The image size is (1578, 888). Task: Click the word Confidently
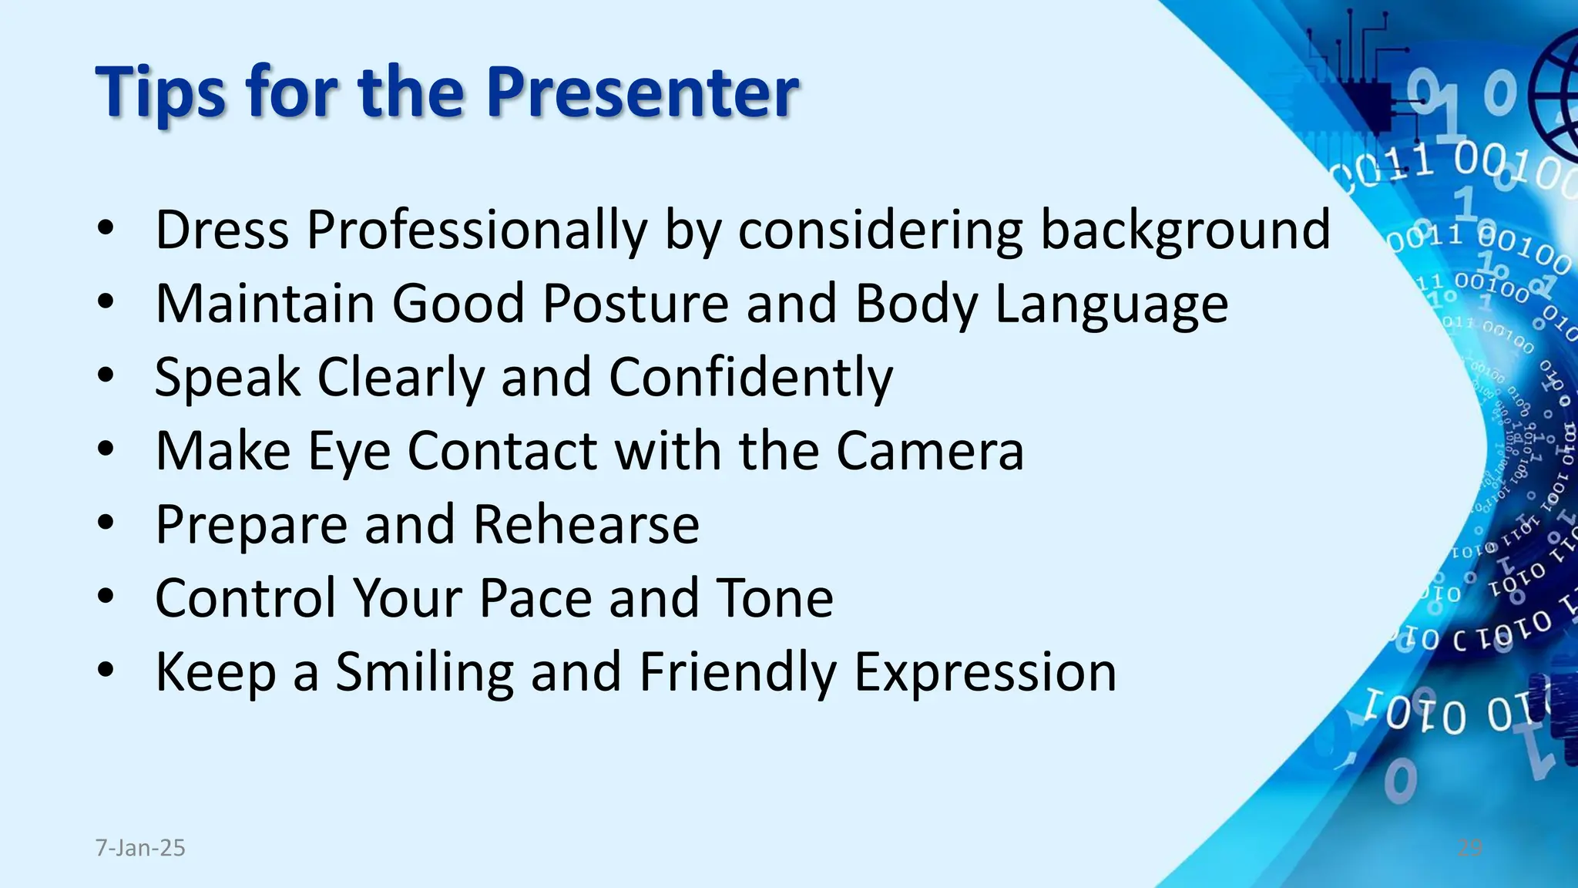tap(750, 378)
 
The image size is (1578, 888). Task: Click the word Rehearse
tap(586, 525)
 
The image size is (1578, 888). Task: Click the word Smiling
tap(425, 672)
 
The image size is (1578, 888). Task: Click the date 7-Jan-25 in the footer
tap(140, 848)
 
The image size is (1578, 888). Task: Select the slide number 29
tap(1469, 848)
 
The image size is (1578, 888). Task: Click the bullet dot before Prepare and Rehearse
tap(106, 525)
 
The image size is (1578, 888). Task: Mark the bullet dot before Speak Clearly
tap(106, 378)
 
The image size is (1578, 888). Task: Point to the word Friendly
tap(737, 672)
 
